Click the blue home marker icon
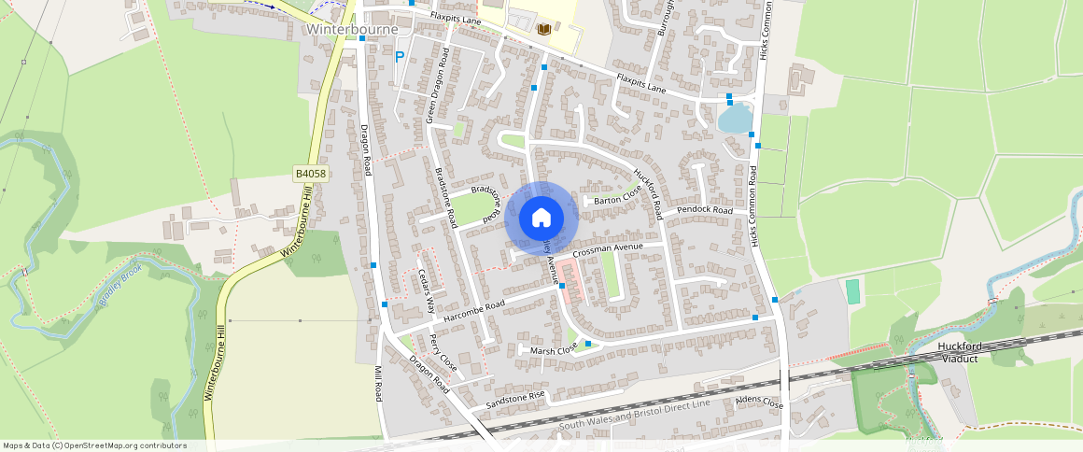(541, 219)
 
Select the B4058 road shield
(310, 174)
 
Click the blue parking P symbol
(400, 57)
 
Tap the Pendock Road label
(705, 210)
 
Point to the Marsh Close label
(555, 350)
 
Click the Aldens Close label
(759, 403)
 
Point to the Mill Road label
(378, 383)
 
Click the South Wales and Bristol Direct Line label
(634, 414)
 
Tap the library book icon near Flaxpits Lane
(543, 29)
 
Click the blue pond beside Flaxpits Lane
(735, 119)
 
